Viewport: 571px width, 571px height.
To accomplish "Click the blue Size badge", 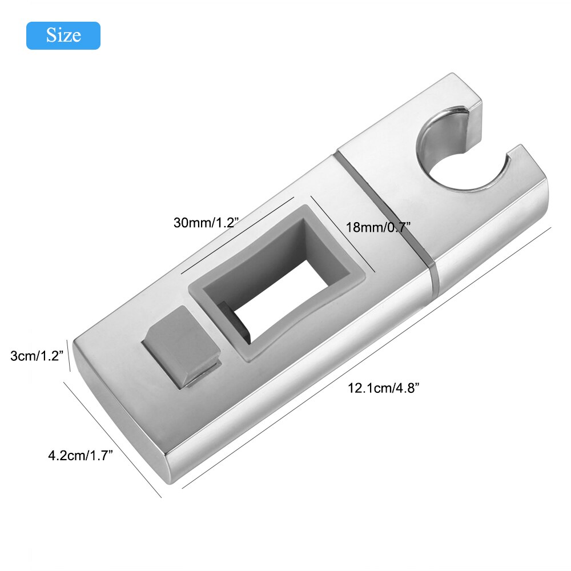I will [x=63, y=35].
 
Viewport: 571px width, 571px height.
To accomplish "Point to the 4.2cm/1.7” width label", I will [x=81, y=455].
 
